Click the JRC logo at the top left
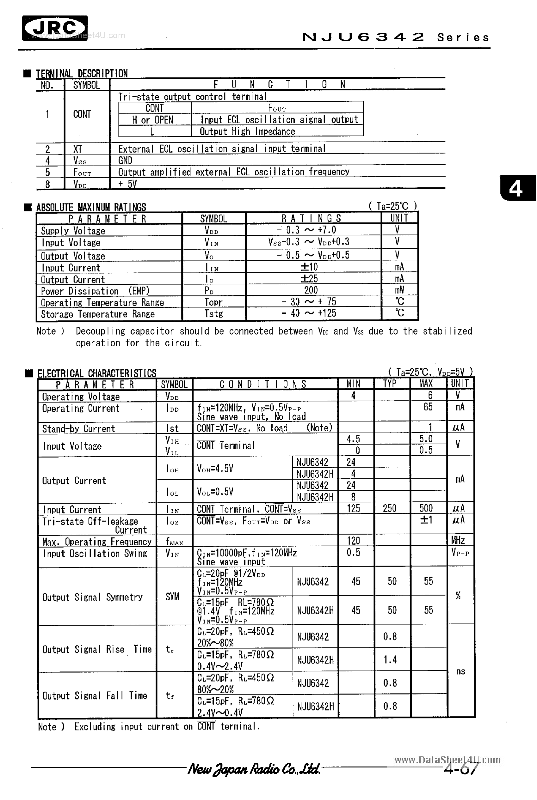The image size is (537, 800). [55, 28]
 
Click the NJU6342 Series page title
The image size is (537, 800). [396, 37]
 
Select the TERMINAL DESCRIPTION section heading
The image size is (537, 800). [82, 74]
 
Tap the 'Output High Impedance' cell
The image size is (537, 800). [247, 131]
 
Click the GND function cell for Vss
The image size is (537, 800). [125, 161]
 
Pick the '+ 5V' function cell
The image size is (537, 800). [127, 184]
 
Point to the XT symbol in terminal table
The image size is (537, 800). [78, 149]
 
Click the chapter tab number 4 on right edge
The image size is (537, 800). [516, 189]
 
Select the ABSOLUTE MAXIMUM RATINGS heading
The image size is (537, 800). [91, 207]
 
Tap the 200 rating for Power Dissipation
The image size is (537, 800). [311, 290]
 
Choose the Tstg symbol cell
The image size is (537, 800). [213, 313]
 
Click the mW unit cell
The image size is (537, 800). [399, 290]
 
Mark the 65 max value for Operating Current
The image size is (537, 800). [428, 407]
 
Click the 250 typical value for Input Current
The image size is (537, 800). [389, 508]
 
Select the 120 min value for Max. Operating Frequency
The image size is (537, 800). [354, 541]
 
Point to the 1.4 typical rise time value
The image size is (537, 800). [390, 659]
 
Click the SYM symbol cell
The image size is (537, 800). [172, 597]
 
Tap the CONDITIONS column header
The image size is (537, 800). [263, 384]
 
